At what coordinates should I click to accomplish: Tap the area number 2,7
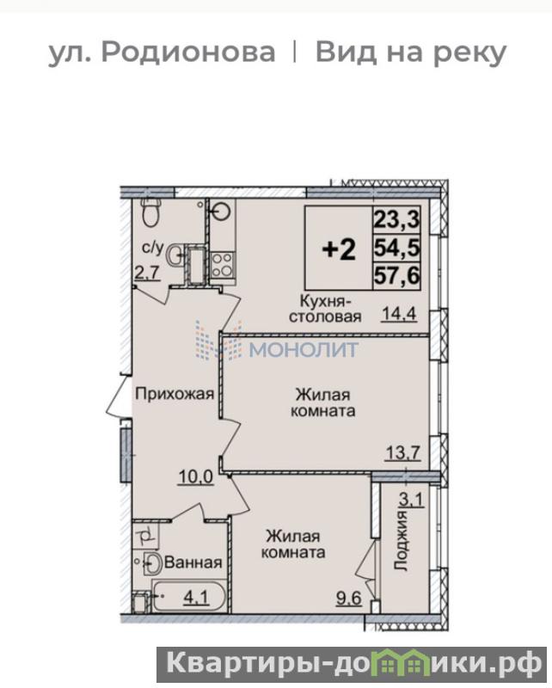click(146, 273)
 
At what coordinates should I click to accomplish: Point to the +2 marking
click(339, 249)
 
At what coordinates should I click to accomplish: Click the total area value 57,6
click(396, 276)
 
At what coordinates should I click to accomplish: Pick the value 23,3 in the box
click(396, 218)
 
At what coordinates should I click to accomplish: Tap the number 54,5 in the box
click(396, 248)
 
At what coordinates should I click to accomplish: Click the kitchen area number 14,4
click(399, 314)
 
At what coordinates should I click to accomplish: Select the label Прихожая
click(175, 394)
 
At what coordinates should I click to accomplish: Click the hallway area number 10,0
click(196, 476)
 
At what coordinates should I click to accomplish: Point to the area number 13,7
click(402, 451)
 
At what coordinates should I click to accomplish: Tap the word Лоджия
click(401, 540)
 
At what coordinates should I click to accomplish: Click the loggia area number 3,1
click(411, 499)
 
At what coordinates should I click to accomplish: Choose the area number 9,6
click(349, 598)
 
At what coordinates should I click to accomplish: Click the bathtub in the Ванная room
click(189, 596)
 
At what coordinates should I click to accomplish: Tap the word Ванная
click(193, 562)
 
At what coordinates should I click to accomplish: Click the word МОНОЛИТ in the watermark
click(304, 349)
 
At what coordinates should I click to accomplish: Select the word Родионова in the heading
click(188, 52)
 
